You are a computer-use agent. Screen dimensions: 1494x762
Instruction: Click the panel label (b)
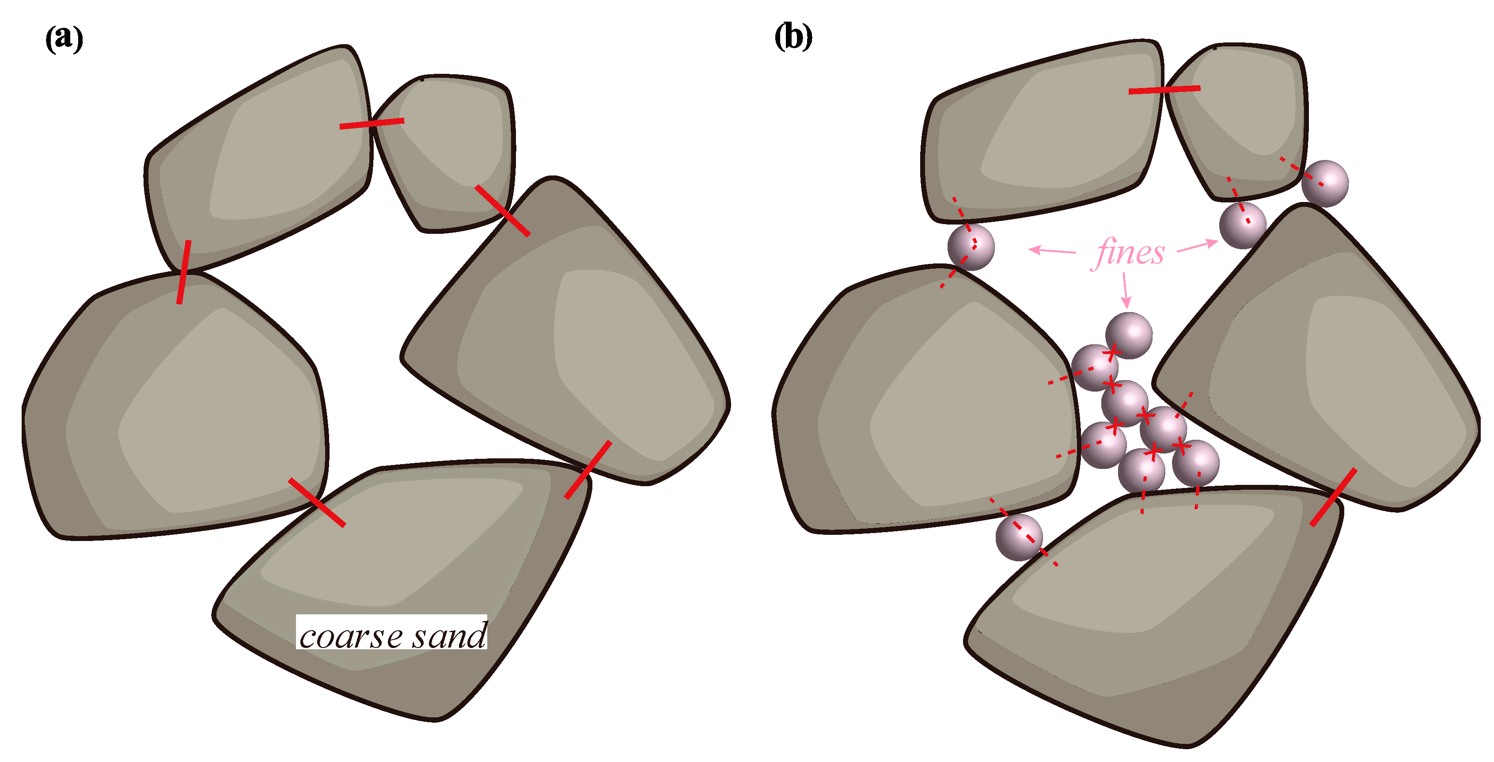(793, 37)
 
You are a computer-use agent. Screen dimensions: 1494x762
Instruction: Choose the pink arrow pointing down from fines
(1126, 290)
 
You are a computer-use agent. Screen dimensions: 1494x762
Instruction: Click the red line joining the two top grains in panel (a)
(372, 123)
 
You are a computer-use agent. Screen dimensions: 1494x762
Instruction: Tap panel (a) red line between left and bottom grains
(317, 502)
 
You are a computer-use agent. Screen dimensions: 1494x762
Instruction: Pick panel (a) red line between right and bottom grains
(588, 469)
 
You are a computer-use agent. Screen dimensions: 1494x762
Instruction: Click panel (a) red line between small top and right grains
(502, 211)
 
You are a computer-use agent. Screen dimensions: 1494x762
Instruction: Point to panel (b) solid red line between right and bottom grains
(1333, 497)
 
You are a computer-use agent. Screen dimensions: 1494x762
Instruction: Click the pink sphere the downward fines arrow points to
(1129, 335)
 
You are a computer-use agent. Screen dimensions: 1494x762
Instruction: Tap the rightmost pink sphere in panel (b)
(1325, 183)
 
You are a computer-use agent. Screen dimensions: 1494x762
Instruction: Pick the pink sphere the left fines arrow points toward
(971, 247)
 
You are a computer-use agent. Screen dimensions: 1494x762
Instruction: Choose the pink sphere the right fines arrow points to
(1242, 225)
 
